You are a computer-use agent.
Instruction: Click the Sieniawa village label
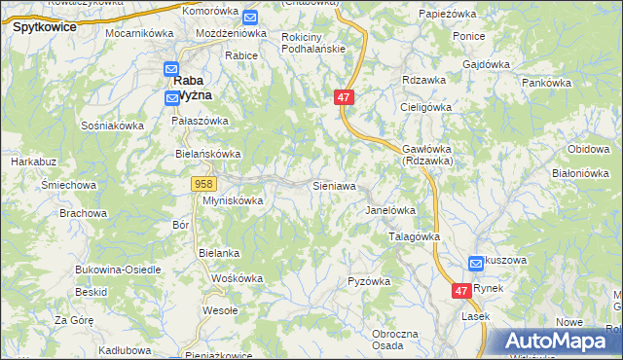coord(333,184)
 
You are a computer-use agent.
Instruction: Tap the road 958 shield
coord(203,183)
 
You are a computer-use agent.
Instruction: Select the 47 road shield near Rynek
coord(461,290)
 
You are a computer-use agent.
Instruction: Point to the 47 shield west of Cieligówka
coord(343,97)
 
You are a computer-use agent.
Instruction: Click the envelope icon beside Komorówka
coord(250,17)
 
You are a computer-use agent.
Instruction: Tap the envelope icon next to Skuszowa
coord(475,263)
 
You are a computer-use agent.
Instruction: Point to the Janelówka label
coord(390,210)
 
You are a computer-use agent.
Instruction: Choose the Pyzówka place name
coord(369,281)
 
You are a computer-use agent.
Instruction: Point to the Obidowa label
coord(588,148)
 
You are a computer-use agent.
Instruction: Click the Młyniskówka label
coord(233,200)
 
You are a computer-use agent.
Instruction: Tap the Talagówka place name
coord(415,236)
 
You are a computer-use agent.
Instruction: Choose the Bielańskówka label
coord(207,154)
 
